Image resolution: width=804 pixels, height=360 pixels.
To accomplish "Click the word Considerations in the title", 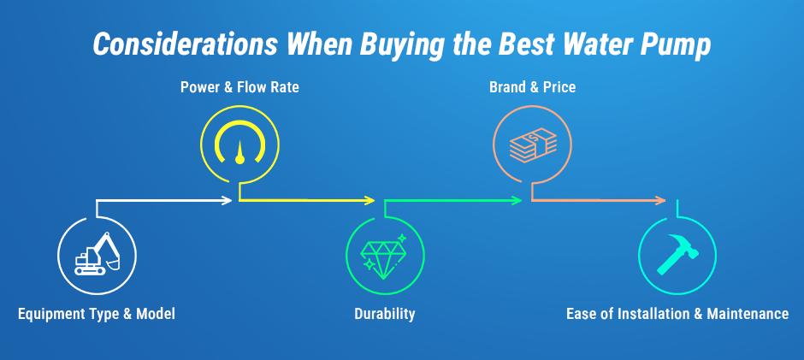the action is click(185, 44).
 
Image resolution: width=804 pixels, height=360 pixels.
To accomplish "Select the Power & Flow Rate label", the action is click(239, 87).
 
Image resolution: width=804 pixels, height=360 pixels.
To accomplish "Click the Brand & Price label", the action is click(532, 87).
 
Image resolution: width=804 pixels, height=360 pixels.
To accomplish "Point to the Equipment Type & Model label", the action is click(97, 314).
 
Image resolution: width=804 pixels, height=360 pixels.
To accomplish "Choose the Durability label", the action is click(385, 314).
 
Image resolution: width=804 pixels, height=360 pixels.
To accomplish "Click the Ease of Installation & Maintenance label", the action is click(677, 314).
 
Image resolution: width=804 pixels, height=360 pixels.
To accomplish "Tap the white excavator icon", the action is click(97, 254).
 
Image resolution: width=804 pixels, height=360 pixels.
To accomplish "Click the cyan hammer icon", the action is click(677, 254).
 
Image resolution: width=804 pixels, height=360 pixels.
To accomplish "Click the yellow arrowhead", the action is click(369, 200).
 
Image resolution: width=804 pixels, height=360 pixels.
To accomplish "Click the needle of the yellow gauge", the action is click(239, 153).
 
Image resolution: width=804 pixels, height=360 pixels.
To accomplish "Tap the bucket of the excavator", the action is click(113, 265).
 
